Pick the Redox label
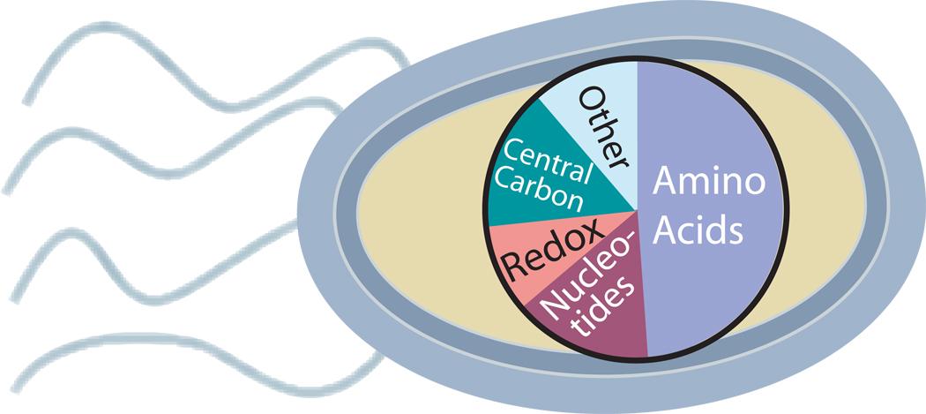550,255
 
